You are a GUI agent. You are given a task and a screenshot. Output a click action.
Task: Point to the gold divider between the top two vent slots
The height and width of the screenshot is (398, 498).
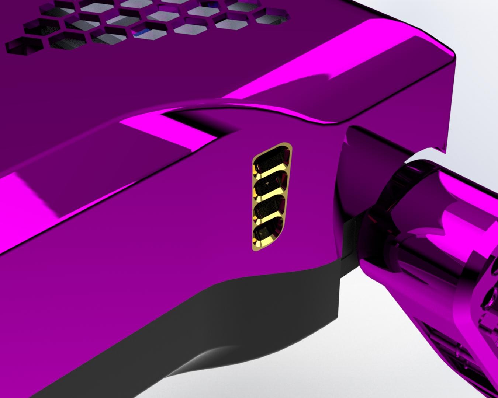(x=272, y=170)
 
